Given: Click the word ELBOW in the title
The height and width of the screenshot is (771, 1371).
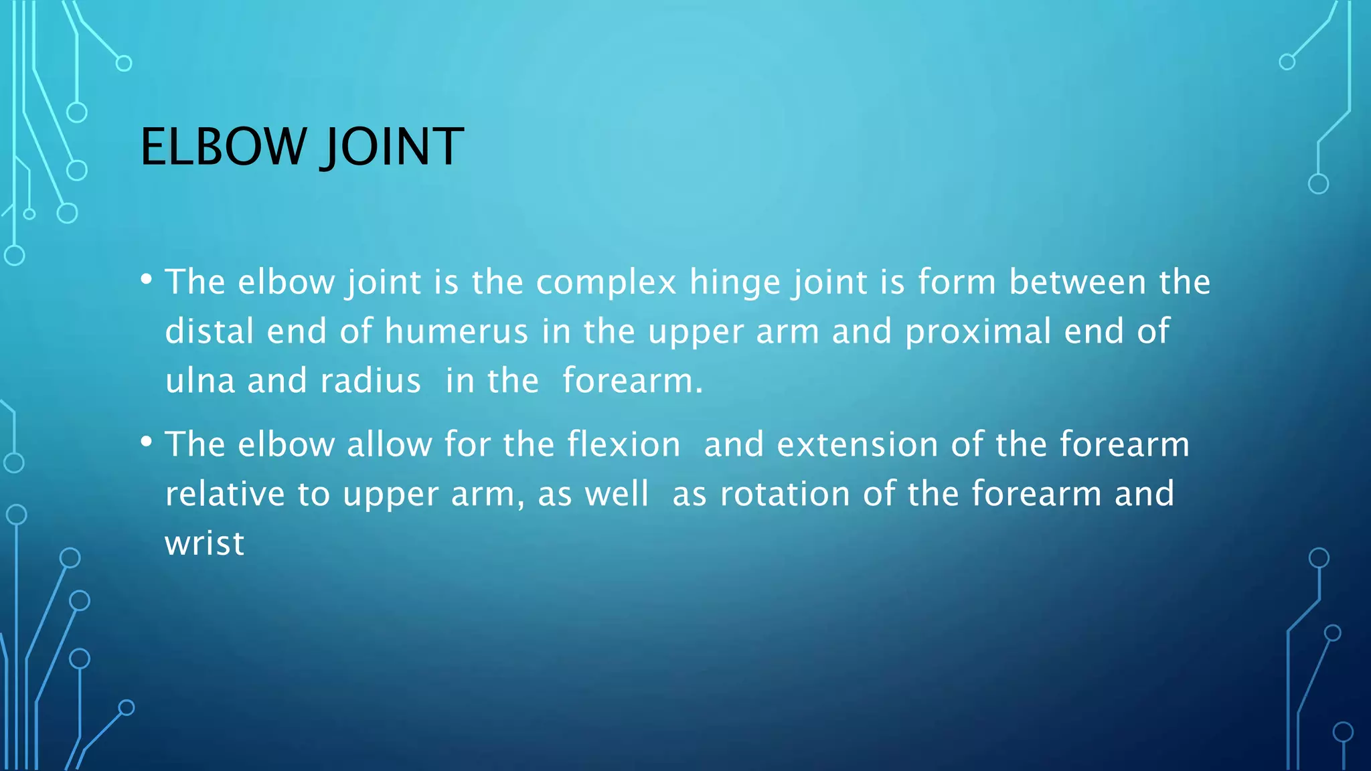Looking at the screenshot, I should [222, 147].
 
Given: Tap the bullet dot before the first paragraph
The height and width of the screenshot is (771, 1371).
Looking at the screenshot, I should [147, 279].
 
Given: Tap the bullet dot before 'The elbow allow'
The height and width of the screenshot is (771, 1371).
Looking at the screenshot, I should [147, 442].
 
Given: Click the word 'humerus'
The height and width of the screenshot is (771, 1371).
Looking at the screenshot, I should [456, 331].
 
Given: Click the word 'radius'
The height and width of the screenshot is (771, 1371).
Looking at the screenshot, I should [370, 381].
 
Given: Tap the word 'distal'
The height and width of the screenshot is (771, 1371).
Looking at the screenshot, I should [210, 331].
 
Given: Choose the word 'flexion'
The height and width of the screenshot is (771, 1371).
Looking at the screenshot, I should [623, 444].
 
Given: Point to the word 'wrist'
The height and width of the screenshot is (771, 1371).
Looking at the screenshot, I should [205, 543].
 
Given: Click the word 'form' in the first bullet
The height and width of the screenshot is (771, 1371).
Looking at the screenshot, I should [957, 282].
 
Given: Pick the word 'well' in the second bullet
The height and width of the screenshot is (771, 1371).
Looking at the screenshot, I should [617, 494].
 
